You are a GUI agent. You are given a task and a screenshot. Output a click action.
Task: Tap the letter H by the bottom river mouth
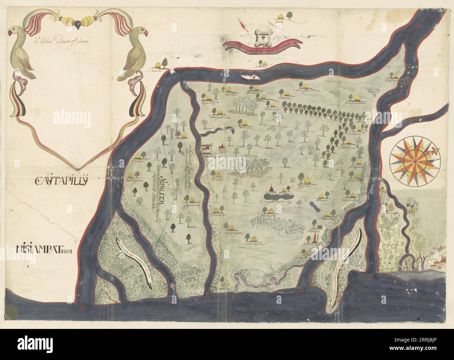pos(125,308)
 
